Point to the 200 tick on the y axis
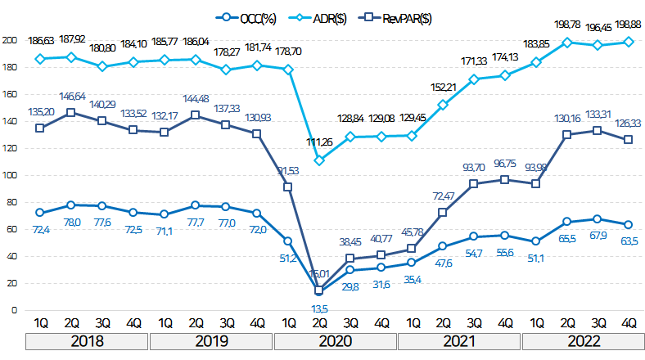point(9,39)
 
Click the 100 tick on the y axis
point(9,174)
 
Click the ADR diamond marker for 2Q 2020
point(319,160)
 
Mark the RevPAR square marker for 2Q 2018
point(71,112)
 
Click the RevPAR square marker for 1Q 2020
point(288,187)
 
